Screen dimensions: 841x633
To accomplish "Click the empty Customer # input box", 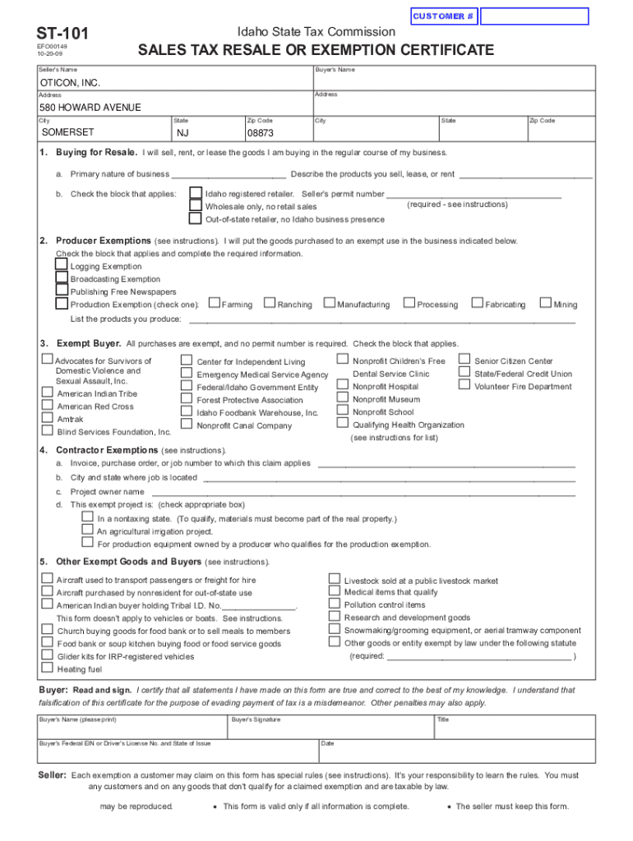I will (x=534, y=16).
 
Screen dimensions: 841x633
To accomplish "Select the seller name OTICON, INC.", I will (x=71, y=84).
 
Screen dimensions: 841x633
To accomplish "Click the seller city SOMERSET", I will (x=68, y=132).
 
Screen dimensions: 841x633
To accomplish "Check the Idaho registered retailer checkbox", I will (x=195, y=194).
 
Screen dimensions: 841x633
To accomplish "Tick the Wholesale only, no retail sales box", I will (x=195, y=206).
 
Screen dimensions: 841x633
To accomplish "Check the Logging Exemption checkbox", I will (x=62, y=266).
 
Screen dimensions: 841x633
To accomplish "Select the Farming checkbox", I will (x=214, y=304).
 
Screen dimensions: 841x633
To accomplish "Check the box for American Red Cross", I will (x=48, y=406).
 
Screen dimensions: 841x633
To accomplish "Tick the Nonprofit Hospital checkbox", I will (x=343, y=386).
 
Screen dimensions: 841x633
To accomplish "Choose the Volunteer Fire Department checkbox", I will (x=464, y=386).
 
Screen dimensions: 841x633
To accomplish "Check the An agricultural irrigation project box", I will (x=87, y=531).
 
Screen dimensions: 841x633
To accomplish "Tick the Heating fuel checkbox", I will (x=48, y=669).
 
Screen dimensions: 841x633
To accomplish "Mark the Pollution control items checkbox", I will (x=335, y=604).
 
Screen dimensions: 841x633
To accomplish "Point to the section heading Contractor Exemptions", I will (x=107, y=450).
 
